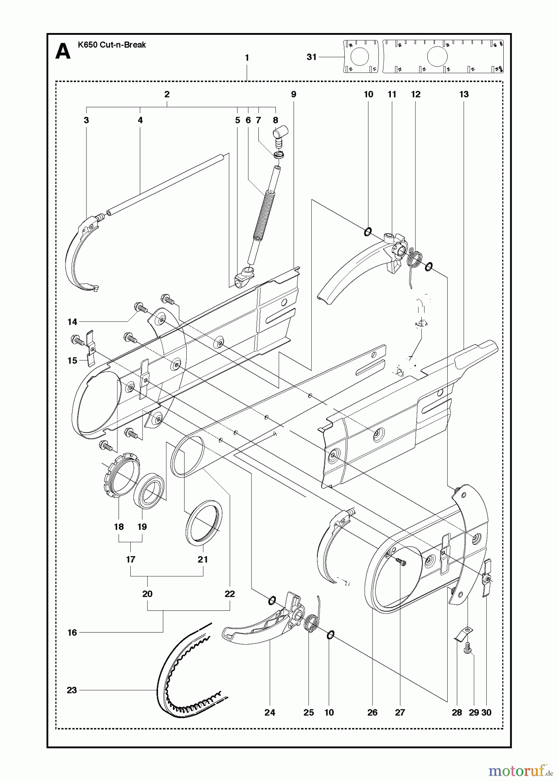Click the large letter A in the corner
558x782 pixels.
(x=63, y=52)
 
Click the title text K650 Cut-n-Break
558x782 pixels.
(x=112, y=45)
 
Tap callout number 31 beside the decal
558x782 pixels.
(x=311, y=57)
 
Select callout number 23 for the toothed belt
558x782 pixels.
(x=72, y=690)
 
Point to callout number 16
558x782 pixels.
(x=72, y=633)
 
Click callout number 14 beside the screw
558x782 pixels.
(x=72, y=322)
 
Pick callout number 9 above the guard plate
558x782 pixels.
(x=294, y=94)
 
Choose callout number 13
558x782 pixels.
(x=464, y=94)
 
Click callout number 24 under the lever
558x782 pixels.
(x=270, y=712)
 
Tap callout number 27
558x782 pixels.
(x=400, y=712)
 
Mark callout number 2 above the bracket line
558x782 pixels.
(x=167, y=94)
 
